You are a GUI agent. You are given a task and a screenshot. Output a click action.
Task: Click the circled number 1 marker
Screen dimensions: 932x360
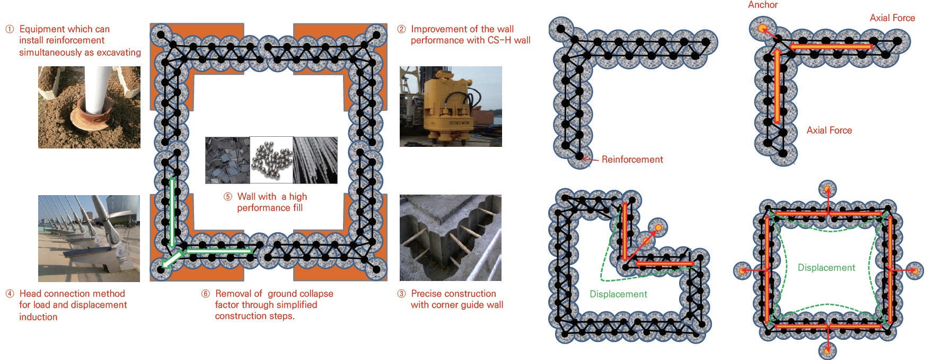pos(10,29)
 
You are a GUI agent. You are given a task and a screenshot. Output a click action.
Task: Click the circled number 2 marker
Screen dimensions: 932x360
pos(401,29)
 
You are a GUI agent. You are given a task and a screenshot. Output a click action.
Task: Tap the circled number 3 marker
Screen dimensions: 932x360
pos(401,294)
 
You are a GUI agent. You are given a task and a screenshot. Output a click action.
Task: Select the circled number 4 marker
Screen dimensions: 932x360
pos(10,294)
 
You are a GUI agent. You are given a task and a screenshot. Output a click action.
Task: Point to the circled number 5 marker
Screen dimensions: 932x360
pos(227,197)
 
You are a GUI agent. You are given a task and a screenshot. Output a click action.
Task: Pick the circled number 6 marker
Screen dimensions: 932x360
pos(206,294)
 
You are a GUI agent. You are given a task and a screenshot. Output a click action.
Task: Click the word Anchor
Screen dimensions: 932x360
pos(763,5)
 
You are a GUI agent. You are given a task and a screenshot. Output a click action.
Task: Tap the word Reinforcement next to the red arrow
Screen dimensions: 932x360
pos(632,160)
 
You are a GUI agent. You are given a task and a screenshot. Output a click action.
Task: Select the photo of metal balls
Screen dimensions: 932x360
pos(271,160)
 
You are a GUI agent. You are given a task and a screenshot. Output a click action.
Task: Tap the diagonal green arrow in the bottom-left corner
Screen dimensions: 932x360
pos(172,259)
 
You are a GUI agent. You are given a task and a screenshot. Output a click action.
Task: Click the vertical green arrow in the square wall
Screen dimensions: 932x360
pos(172,213)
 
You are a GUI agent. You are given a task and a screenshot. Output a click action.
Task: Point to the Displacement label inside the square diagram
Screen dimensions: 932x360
pos(827,268)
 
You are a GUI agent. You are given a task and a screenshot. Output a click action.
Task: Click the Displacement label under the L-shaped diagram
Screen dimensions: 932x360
pos(619,294)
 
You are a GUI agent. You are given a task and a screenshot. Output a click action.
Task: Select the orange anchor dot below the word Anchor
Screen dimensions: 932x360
pos(762,28)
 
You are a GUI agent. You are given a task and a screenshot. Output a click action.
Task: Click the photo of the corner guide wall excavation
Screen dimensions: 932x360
pos(451,238)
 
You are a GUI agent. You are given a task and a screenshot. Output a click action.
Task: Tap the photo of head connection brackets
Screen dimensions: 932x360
pos(89,238)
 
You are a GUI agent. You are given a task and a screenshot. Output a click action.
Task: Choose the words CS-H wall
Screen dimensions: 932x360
pos(509,40)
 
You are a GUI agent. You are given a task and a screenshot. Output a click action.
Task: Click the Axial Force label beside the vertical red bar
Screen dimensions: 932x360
pos(829,130)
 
